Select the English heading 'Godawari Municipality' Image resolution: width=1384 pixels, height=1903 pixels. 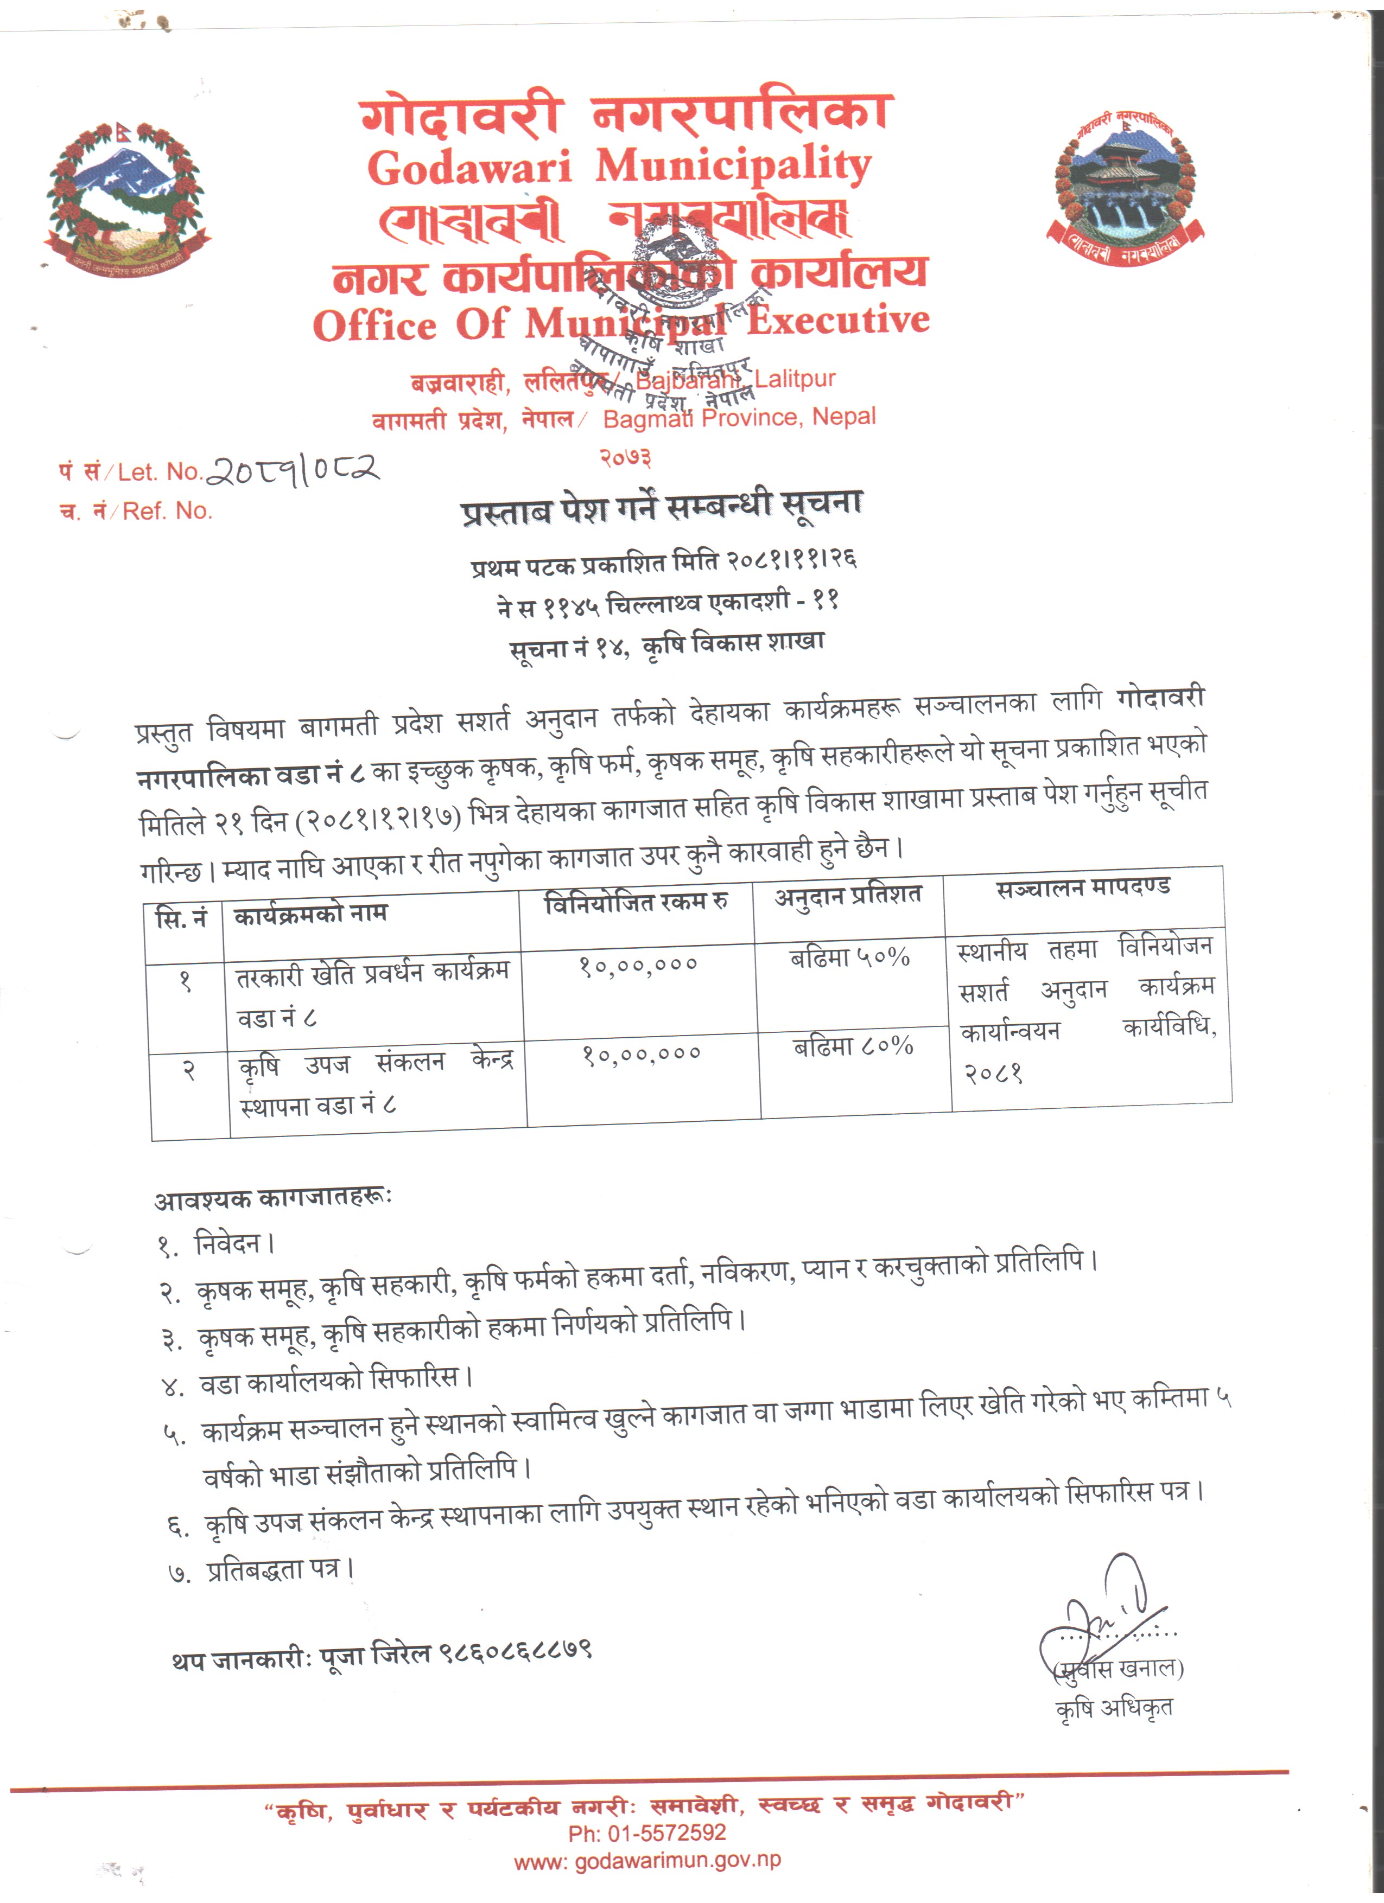(x=619, y=166)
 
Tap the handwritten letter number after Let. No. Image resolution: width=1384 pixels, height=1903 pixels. (x=293, y=470)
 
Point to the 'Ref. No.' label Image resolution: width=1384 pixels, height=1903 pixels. (x=167, y=511)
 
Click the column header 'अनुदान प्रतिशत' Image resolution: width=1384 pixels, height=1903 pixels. (x=848, y=896)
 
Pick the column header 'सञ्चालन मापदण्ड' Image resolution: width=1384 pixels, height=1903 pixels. (x=1083, y=887)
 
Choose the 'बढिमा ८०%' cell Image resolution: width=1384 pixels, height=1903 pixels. (x=853, y=1047)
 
